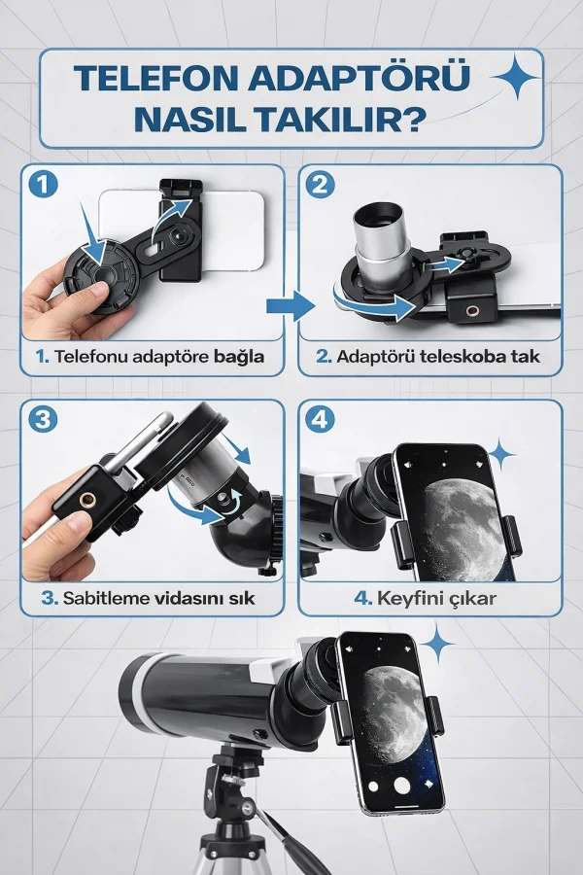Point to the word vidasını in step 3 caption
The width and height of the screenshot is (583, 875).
pos(190,598)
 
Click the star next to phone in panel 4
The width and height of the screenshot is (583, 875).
pos(501,453)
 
